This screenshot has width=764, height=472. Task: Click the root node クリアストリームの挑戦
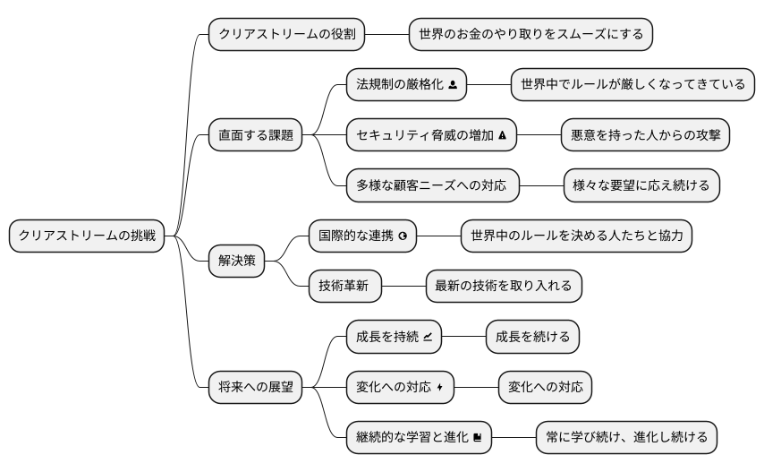point(87,236)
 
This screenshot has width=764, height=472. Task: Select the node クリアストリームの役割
point(286,35)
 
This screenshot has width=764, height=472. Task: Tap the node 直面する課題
point(255,135)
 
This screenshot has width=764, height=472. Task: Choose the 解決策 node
point(236,262)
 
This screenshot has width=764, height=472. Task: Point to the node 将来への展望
point(255,387)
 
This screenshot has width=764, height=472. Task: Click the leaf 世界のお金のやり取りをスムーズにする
point(531,35)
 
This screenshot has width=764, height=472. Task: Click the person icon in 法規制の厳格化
point(453,85)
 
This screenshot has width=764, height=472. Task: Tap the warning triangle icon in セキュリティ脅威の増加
point(502,135)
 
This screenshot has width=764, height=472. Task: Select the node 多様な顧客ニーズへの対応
point(432,186)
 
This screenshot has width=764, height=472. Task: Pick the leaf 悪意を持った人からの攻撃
point(645,135)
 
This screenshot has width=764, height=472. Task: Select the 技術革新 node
point(344,287)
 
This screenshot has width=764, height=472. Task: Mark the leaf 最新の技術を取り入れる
point(504,287)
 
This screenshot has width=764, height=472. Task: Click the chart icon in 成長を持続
point(428,337)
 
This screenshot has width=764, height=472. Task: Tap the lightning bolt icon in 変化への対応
point(440,387)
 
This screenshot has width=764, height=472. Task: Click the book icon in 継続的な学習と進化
point(478,437)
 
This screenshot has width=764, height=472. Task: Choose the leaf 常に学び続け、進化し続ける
point(626,437)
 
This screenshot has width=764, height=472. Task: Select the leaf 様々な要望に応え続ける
point(641,186)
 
